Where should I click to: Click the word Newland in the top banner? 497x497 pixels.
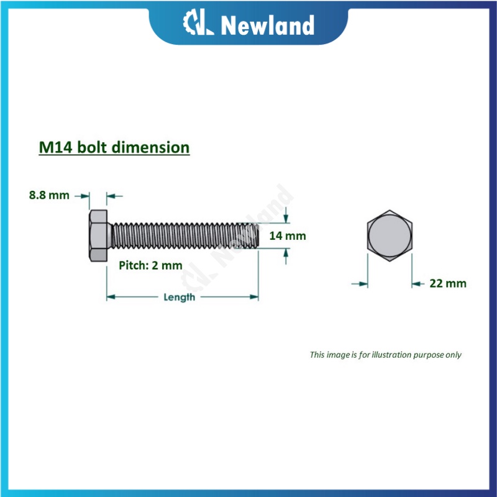[x=267, y=25]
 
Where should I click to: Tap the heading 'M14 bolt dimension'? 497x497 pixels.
[x=114, y=148]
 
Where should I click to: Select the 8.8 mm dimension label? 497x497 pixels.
[x=49, y=195]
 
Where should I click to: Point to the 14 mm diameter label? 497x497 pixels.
[x=288, y=236]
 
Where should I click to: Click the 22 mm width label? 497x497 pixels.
[x=448, y=283]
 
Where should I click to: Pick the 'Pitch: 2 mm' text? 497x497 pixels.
[x=150, y=265]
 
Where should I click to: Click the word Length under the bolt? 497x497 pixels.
[x=179, y=297]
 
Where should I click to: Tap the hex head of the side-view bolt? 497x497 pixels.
[x=98, y=237]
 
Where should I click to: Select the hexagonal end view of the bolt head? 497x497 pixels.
[x=390, y=237]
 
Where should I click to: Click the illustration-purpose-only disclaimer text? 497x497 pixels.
[x=386, y=355]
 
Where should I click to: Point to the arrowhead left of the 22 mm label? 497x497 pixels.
[x=416, y=283]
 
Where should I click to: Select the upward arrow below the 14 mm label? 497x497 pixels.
[x=286, y=254]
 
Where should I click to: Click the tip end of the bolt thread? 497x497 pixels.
[x=256, y=237]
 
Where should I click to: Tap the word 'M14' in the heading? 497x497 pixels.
[x=53, y=148]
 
